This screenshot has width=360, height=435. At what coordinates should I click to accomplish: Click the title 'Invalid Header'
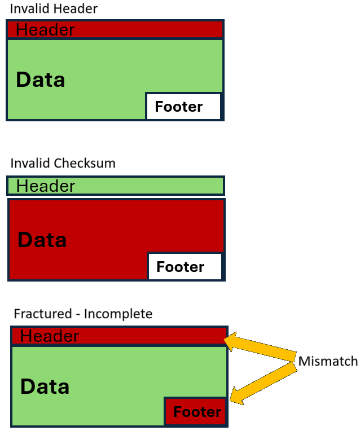[54, 8]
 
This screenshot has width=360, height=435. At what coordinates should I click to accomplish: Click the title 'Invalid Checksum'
[63, 164]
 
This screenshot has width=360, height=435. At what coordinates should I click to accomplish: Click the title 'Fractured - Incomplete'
[83, 314]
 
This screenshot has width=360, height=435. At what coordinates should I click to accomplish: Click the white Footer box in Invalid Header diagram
[183, 107]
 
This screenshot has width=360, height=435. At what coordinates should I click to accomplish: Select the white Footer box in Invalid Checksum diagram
[185, 266]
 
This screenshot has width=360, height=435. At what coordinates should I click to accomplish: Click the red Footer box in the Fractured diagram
[196, 412]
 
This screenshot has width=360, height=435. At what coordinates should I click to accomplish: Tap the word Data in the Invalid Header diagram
[41, 80]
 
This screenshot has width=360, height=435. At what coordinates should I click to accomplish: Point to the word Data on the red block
[42, 240]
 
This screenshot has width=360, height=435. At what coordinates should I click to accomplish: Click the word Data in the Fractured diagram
[45, 387]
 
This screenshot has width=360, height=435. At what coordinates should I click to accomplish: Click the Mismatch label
[328, 361]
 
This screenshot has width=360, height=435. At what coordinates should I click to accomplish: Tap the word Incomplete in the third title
[118, 314]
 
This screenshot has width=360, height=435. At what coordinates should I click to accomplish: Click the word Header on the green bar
[46, 186]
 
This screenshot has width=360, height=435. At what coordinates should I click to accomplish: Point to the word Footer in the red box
[197, 412]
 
